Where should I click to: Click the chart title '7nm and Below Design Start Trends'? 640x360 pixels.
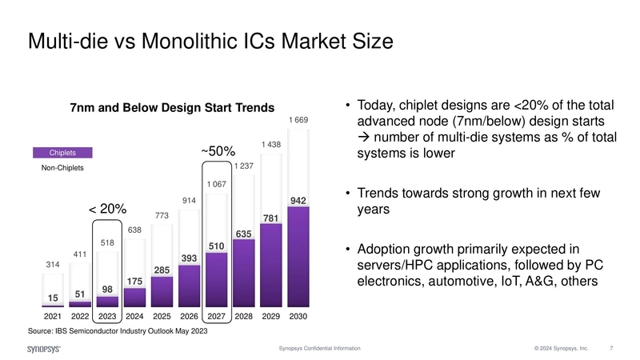(172, 108)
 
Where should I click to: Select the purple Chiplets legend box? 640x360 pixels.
(62, 153)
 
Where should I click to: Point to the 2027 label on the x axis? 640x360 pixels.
(215, 317)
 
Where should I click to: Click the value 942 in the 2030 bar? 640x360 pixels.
(298, 200)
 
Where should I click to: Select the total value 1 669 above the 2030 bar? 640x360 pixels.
(298, 120)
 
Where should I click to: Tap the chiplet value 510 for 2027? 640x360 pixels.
(216, 246)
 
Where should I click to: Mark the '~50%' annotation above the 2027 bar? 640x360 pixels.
(216, 150)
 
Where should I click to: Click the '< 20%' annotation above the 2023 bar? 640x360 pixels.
(107, 209)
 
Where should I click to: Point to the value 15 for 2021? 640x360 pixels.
(52, 298)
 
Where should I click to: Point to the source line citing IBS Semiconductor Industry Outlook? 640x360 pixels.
(118, 331)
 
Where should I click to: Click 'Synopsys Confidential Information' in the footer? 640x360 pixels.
(319, 349)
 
